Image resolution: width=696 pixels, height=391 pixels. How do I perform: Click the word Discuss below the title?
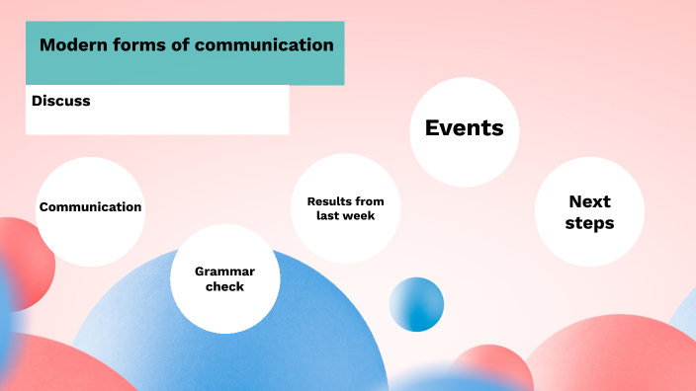coord(60,100)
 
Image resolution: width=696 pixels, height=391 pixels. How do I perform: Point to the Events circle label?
coord(464,127)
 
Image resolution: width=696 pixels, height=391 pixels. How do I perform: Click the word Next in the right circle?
coord(589,201)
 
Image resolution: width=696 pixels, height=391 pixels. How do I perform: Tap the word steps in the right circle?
coord(589,223)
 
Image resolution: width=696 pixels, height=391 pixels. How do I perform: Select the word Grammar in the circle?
coord(224,271)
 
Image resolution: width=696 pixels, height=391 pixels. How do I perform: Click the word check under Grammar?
coord(224,286)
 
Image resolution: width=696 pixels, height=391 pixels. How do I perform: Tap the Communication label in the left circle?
coord(90,207)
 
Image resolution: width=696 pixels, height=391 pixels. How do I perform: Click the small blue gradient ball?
coord(416,304)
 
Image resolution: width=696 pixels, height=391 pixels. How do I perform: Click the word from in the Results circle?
coord(371,201)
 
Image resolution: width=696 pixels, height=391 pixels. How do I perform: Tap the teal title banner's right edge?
coord(341,53)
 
